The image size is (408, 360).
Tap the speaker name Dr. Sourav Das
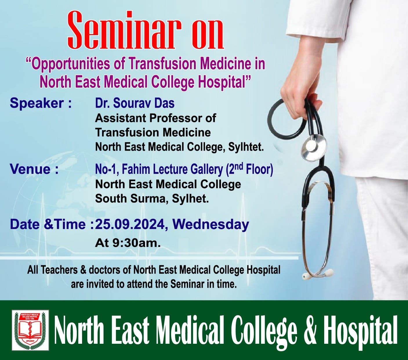click(135, 103)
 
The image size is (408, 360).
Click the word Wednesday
click(211, 224)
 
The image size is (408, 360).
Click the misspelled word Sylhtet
click(246, 147)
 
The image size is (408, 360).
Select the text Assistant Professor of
click(155, 118)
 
